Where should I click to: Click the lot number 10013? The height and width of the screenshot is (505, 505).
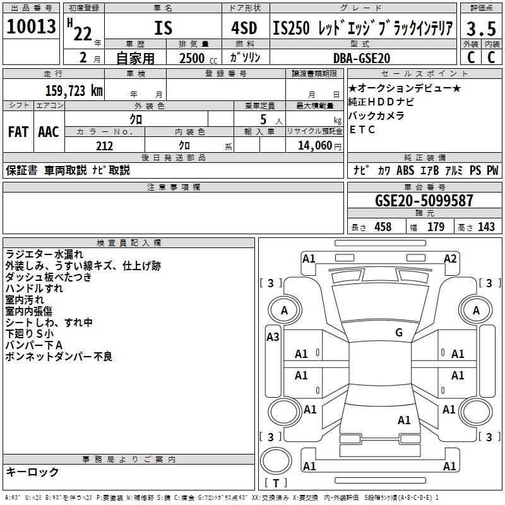pos(32,27)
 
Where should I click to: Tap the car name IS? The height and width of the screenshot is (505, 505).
pos(163,28)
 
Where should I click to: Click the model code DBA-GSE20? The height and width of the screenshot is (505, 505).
pos(362,57)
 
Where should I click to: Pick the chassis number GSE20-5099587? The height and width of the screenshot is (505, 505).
pos(424,201)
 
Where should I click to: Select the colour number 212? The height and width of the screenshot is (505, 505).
pos(105,146)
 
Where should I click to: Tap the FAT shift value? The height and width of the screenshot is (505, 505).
pos(18,132)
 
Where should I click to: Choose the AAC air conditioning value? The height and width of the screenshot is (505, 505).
pos(49,132)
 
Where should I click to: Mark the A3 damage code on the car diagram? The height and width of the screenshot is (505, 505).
pos(273,336)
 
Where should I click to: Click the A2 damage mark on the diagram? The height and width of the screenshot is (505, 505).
pos(450,258)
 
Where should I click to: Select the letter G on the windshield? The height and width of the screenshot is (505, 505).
pos(398,333)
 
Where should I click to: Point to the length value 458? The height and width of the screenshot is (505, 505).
pos(382,227)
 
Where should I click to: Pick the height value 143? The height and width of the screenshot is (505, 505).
pos(487,227)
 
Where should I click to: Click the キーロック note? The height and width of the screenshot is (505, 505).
pos(32,472)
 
